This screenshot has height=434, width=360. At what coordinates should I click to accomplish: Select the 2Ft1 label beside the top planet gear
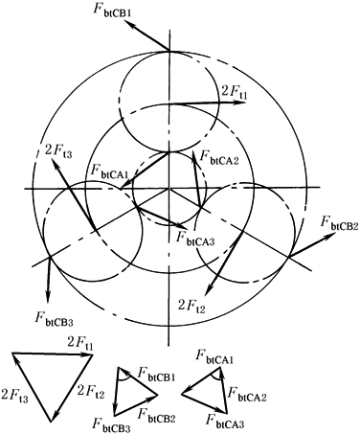tap(235, 93)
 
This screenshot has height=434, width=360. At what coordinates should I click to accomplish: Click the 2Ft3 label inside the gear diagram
tap(58, 150)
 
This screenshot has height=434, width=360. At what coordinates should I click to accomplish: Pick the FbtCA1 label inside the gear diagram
tap(108, 171)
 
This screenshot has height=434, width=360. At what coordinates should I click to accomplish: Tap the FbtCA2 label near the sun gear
tap(219, 157)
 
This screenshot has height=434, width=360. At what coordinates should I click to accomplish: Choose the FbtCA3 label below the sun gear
tap(195, 238)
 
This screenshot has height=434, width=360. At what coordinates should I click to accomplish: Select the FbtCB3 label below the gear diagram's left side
tap(55, 319)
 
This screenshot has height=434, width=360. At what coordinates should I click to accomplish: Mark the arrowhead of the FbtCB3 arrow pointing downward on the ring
tap(48, 298)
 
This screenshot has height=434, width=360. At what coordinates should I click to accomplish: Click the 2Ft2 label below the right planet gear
tap(191, 307)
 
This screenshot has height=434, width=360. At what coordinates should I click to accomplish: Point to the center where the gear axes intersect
tap(169, 189)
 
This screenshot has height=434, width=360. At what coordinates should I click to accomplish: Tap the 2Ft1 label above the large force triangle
tap(79, 344)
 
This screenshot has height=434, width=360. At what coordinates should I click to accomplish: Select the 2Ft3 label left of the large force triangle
tap(14, 395)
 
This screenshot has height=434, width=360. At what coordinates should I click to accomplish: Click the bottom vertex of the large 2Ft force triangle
tap(51, 422)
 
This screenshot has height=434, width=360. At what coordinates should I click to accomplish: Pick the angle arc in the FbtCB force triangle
tap(124, 378)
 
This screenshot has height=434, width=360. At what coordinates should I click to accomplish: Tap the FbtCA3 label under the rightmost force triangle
tap(225, 420)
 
